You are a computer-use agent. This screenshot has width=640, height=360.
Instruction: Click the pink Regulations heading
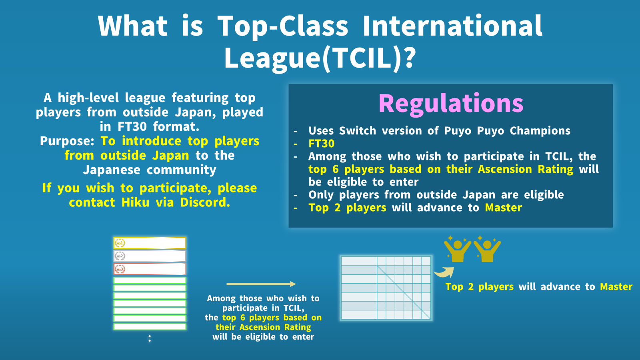click(x=451, y=104)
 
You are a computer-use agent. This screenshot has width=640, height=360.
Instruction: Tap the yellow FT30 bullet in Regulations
click(x=322, y=144)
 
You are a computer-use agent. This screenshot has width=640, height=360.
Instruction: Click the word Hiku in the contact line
click(x=136, y=202)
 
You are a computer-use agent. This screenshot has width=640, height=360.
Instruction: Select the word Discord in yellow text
click(x=205, y=202)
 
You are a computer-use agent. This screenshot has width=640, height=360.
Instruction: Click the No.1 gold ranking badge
click(x=120, y=243)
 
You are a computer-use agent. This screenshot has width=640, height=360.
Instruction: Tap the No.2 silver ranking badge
click(x=120, y=256)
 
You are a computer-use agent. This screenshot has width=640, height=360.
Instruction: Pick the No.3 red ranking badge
click(x=120, y=269)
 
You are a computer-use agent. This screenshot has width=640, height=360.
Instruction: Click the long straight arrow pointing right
click(x=261, y=284)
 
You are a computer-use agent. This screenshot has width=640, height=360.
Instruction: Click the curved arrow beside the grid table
click(x=444, y=272)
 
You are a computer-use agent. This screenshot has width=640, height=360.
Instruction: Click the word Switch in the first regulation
click(x=358, y=130)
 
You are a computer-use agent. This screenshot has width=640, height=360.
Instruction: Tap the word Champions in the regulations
click(x=540, y=130)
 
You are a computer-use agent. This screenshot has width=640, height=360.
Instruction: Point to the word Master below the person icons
click(x=616, y=286)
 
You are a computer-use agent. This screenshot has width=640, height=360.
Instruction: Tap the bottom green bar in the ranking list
click(x=150, y=326)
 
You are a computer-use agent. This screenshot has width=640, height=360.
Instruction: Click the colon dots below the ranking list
click(x=150, y=338)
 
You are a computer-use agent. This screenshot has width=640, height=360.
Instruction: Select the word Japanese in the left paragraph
click(x=112, y=170)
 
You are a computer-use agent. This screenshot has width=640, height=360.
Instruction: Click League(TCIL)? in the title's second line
click(x=319, y=58)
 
